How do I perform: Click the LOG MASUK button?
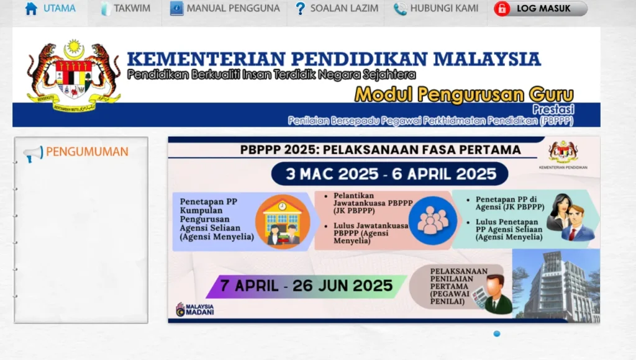click(x=540, y=9)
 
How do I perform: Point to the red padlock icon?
click(x=502, y=9)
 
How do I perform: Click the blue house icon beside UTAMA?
click(x=31, y=9)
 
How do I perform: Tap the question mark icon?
click(x=301, y=9)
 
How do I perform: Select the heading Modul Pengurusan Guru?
click(x=464, y=94)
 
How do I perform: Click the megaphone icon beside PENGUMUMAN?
click(x=32, y=153)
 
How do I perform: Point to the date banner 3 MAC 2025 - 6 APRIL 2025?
click(x=391, y=174)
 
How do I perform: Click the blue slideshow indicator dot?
click(x=497, y=334)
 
